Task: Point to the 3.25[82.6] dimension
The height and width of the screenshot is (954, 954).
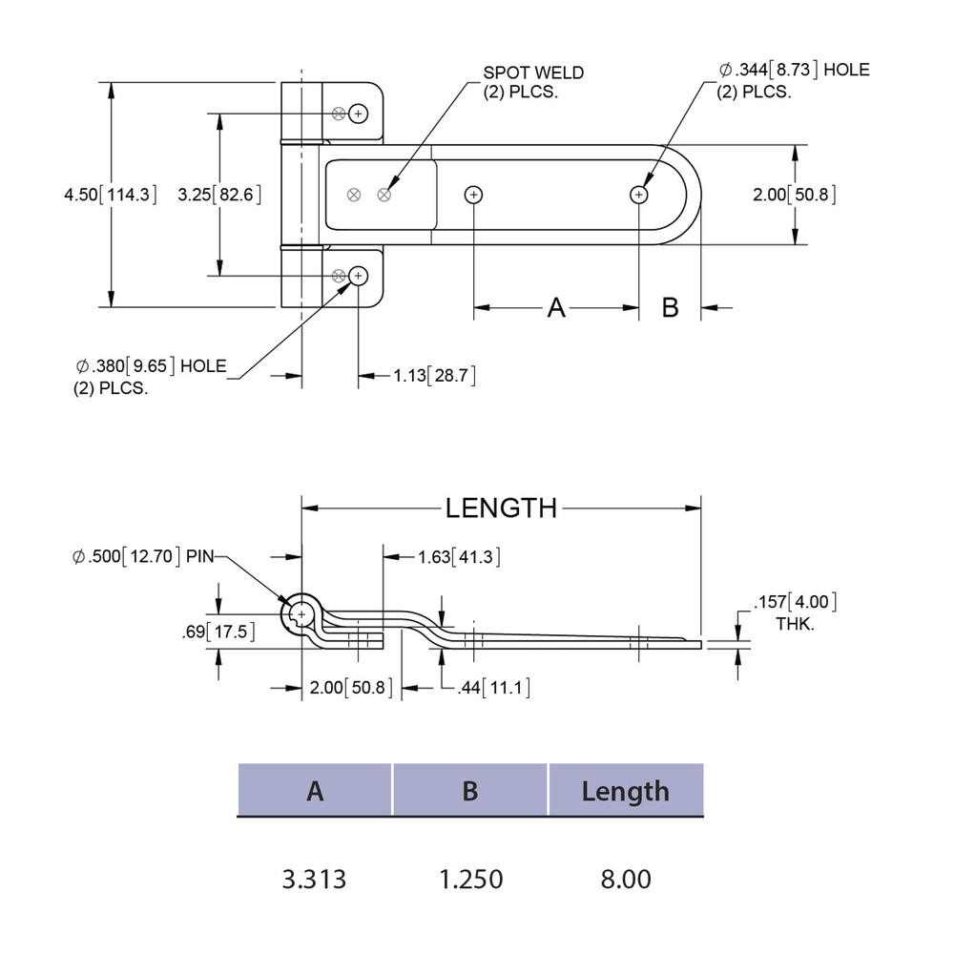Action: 220,195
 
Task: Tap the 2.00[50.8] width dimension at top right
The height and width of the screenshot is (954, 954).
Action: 795,195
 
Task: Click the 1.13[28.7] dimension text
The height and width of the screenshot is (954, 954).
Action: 434,376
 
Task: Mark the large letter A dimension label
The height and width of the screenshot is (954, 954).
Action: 556,308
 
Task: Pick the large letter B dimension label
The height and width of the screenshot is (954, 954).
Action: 671,308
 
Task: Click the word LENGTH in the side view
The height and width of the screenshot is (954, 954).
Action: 501,508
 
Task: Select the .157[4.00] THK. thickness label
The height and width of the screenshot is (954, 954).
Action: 795,611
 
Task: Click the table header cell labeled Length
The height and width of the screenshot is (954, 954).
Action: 625,791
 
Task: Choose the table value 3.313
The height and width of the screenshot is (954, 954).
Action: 315,879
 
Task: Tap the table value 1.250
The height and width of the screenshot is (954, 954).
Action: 470,879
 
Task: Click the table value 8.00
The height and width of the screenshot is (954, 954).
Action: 625,879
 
